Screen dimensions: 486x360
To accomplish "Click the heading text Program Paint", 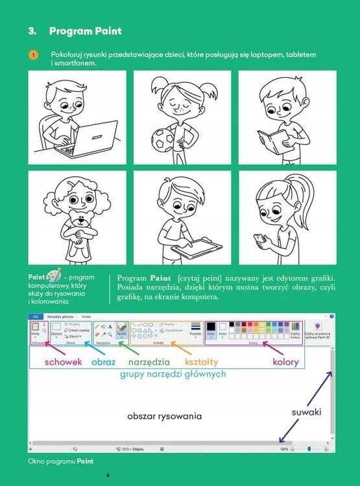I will (x=85, y=30).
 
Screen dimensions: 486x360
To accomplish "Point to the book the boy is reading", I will (x=270, y=139).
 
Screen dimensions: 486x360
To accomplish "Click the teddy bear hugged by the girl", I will (x=80, y=230).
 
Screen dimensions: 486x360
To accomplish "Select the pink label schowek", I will (x=63, y=362).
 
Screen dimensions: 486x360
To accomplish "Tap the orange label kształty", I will (x=201, y=362).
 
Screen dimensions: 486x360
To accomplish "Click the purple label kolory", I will (x=285, y=362).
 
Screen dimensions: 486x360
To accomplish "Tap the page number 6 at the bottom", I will (x=108, y=475).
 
